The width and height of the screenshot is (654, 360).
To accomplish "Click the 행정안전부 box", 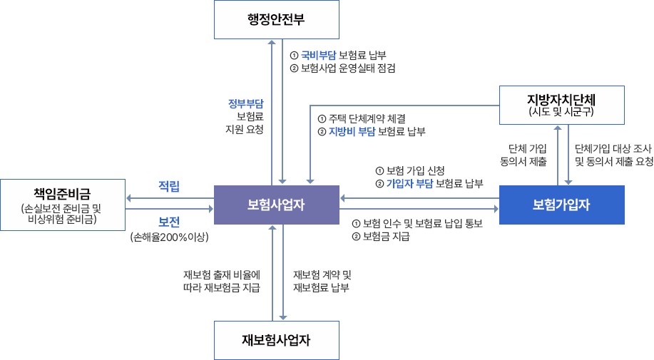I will click(x=276, y=19).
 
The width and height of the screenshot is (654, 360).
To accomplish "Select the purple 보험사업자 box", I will click(x=276, y=205).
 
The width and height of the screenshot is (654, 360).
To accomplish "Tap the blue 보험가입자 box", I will click(x=561, y=205).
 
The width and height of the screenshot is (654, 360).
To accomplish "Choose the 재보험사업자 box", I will click(x=276, y=339).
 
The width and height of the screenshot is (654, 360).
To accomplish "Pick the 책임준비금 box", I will click(x=62, y=205).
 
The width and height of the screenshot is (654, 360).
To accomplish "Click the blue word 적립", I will click(x=169, y=187).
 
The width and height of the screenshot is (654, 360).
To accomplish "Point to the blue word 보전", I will click(x=169, y=221).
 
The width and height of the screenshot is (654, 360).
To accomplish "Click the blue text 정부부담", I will click(x=245, y=103).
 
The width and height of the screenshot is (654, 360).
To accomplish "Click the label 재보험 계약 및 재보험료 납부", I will click(x=322, y=282).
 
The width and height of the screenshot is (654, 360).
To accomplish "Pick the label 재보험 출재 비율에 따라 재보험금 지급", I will click(x=222, y=282).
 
